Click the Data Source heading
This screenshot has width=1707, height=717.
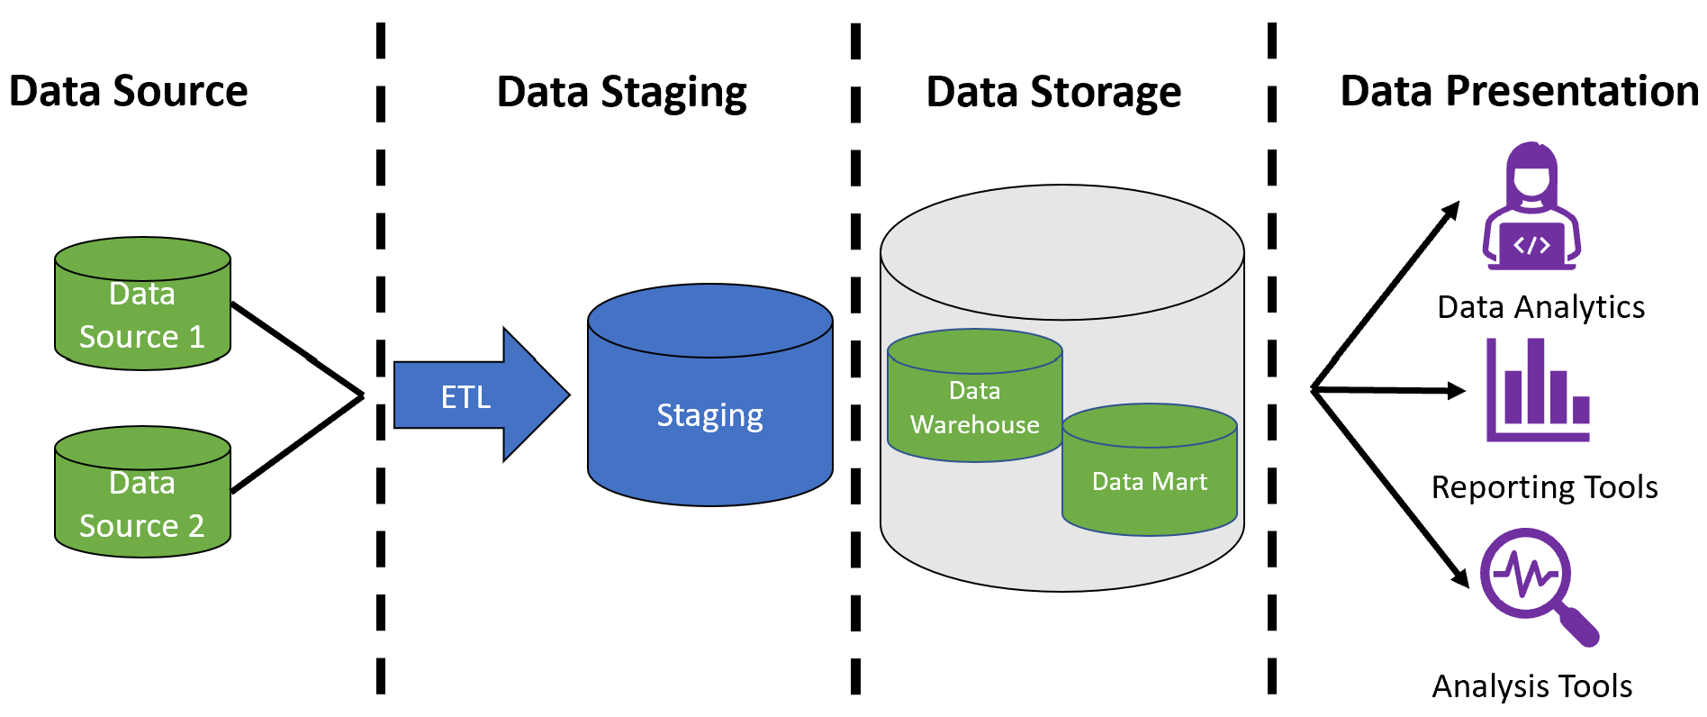(128, 92)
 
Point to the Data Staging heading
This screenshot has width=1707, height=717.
(621, 93)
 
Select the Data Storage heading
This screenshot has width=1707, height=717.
(1053, 93)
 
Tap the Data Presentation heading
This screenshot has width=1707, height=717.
(1519, 92)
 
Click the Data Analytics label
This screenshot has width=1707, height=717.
(1540, 307)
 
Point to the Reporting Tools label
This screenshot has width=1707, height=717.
(1544, 487)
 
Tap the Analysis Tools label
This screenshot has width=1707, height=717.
(1531, 686)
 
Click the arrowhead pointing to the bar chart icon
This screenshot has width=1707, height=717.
(1455, 391)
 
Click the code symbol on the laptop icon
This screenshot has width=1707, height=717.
(1531, 245)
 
